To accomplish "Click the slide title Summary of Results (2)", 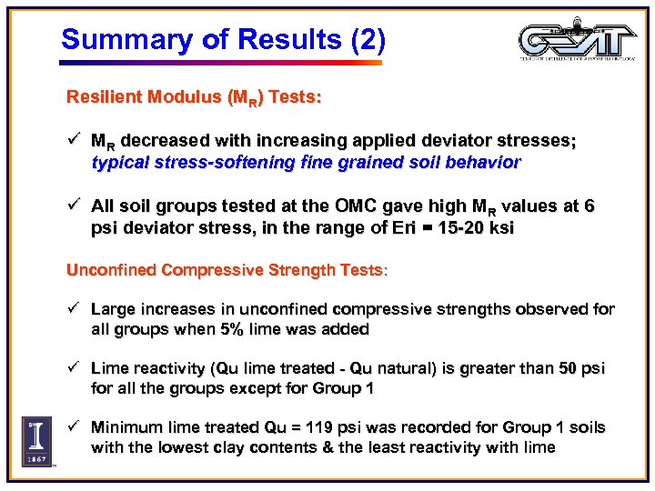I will click(x=223, y=39).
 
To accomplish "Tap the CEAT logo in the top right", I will click(x=577, y=41).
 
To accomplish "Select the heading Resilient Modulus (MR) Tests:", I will click(x=193, y=96).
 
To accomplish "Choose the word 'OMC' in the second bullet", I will click(x=359, y=207).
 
